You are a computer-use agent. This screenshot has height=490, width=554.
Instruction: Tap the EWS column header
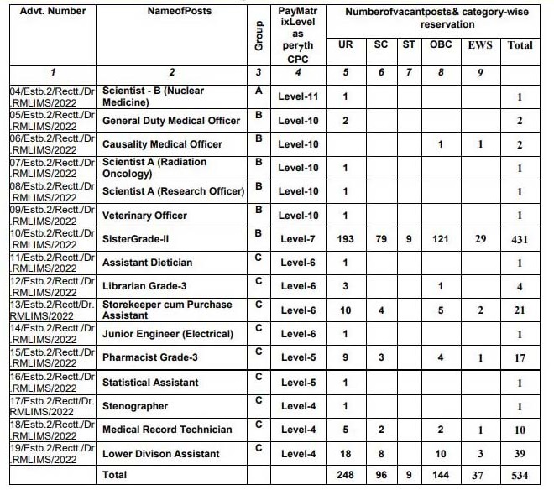pos(480,45)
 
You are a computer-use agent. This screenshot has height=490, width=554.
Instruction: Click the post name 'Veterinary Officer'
pos(144,216)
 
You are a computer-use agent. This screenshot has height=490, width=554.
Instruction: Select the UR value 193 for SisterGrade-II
pos(346,239)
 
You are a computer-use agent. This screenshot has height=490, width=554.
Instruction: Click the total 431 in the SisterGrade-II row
pos(520,240)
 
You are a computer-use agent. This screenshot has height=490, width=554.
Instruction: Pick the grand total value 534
pos(520,475)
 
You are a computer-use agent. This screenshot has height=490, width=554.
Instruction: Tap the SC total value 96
pos(381,475)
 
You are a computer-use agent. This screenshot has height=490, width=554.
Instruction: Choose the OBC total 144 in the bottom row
pos(441,475)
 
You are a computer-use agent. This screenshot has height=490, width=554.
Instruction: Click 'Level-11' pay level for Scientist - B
pos(298,96)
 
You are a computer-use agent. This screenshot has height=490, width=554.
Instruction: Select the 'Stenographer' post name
pos(135,406)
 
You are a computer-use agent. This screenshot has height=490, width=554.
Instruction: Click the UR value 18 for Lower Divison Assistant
pos(346,454)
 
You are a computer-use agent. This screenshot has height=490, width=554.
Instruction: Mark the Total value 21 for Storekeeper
pos(520,311)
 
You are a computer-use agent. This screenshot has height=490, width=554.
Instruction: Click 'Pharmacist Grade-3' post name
pos(150,358)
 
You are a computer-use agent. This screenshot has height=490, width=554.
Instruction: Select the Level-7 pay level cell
pos(298,239)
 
